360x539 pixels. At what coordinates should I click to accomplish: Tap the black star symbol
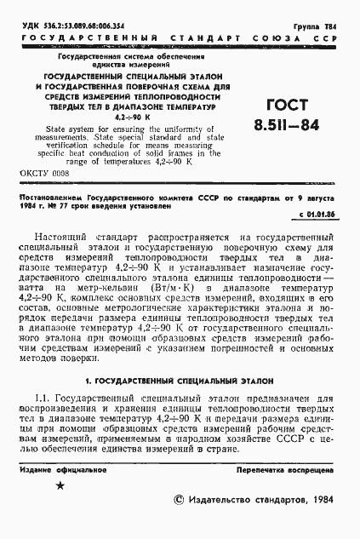click(x=60, y=509)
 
